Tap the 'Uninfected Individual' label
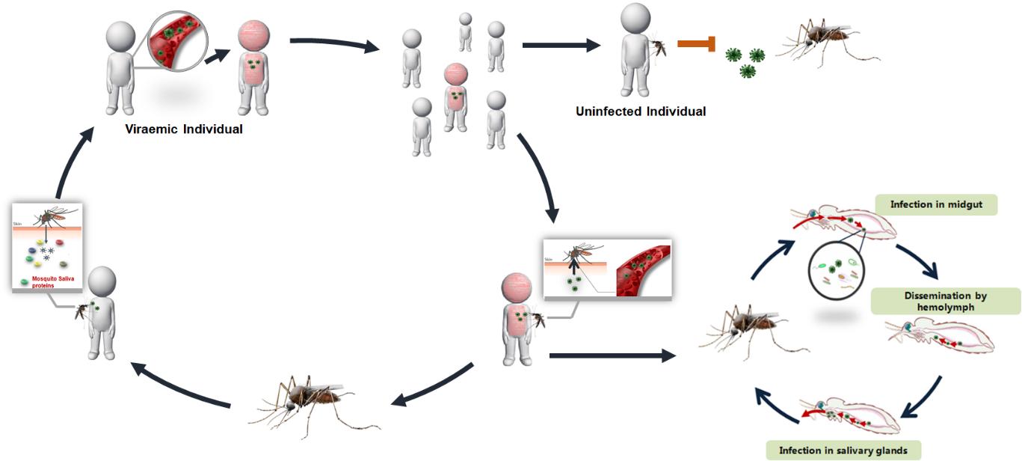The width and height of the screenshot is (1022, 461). coord(641,112)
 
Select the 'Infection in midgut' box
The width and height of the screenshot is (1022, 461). coord(938,204)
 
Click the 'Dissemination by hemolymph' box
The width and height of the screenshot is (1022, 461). coord(945,301)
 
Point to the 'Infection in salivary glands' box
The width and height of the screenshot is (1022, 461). coord(843,450)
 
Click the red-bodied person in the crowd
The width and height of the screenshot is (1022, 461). coord(456,97)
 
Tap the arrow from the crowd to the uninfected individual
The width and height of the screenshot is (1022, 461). coord(561,46)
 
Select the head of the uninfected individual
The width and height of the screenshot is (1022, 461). coord(636,19)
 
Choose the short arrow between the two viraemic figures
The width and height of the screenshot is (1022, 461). coord(218,57)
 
